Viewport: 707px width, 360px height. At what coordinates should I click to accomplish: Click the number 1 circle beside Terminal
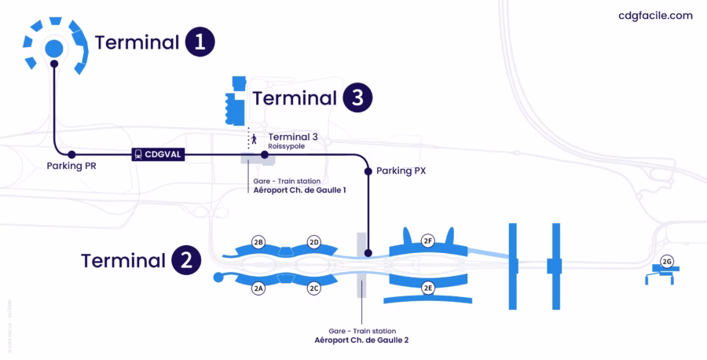pos(200,42)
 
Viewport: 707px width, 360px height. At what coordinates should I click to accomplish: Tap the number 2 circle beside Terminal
pos(185,261)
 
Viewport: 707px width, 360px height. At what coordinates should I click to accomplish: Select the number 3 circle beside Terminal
pos(357,99)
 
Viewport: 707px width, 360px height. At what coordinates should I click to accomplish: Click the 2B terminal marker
pos(258,241)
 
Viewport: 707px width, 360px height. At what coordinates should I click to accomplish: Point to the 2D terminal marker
pos(314,241)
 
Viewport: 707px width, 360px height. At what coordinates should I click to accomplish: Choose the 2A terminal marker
pos(258,288)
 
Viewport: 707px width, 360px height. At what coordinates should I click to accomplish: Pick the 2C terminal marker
pos(314,288)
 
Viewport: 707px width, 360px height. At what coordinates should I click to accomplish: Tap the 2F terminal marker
pos(428,241)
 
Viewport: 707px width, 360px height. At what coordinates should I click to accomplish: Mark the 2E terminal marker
pos(428,288)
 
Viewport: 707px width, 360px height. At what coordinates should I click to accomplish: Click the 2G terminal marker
pos(667,261)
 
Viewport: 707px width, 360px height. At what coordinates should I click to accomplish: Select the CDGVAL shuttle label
pos(158,155)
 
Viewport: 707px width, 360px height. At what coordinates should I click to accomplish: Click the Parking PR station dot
pos(71,155)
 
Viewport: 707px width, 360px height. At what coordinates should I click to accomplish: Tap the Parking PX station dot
pos(368,171)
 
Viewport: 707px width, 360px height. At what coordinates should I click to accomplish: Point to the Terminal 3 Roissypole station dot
pos(264,155)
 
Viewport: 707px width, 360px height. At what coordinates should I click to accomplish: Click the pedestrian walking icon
pos(254,139)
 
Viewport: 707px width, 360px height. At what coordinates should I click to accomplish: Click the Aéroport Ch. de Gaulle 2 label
pos(361,340)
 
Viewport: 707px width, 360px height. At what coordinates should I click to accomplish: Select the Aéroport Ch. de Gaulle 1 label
pos(299,190)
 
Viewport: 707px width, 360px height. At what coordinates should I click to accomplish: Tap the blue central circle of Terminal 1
pos(53,49)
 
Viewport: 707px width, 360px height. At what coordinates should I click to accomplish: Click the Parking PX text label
pos(401,171)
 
